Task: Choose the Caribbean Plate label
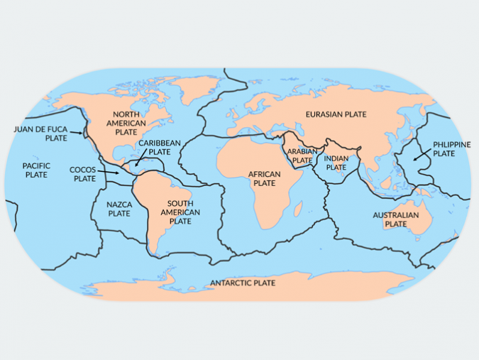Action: point(159,148)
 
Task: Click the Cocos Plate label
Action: point(84,174)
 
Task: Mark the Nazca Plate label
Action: point(119,209)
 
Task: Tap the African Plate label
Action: point(264,178)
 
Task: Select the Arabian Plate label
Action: point(302,156)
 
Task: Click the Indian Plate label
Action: point(336,163)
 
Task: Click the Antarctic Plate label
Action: point(243,283)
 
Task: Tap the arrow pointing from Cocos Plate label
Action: point(108,172)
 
